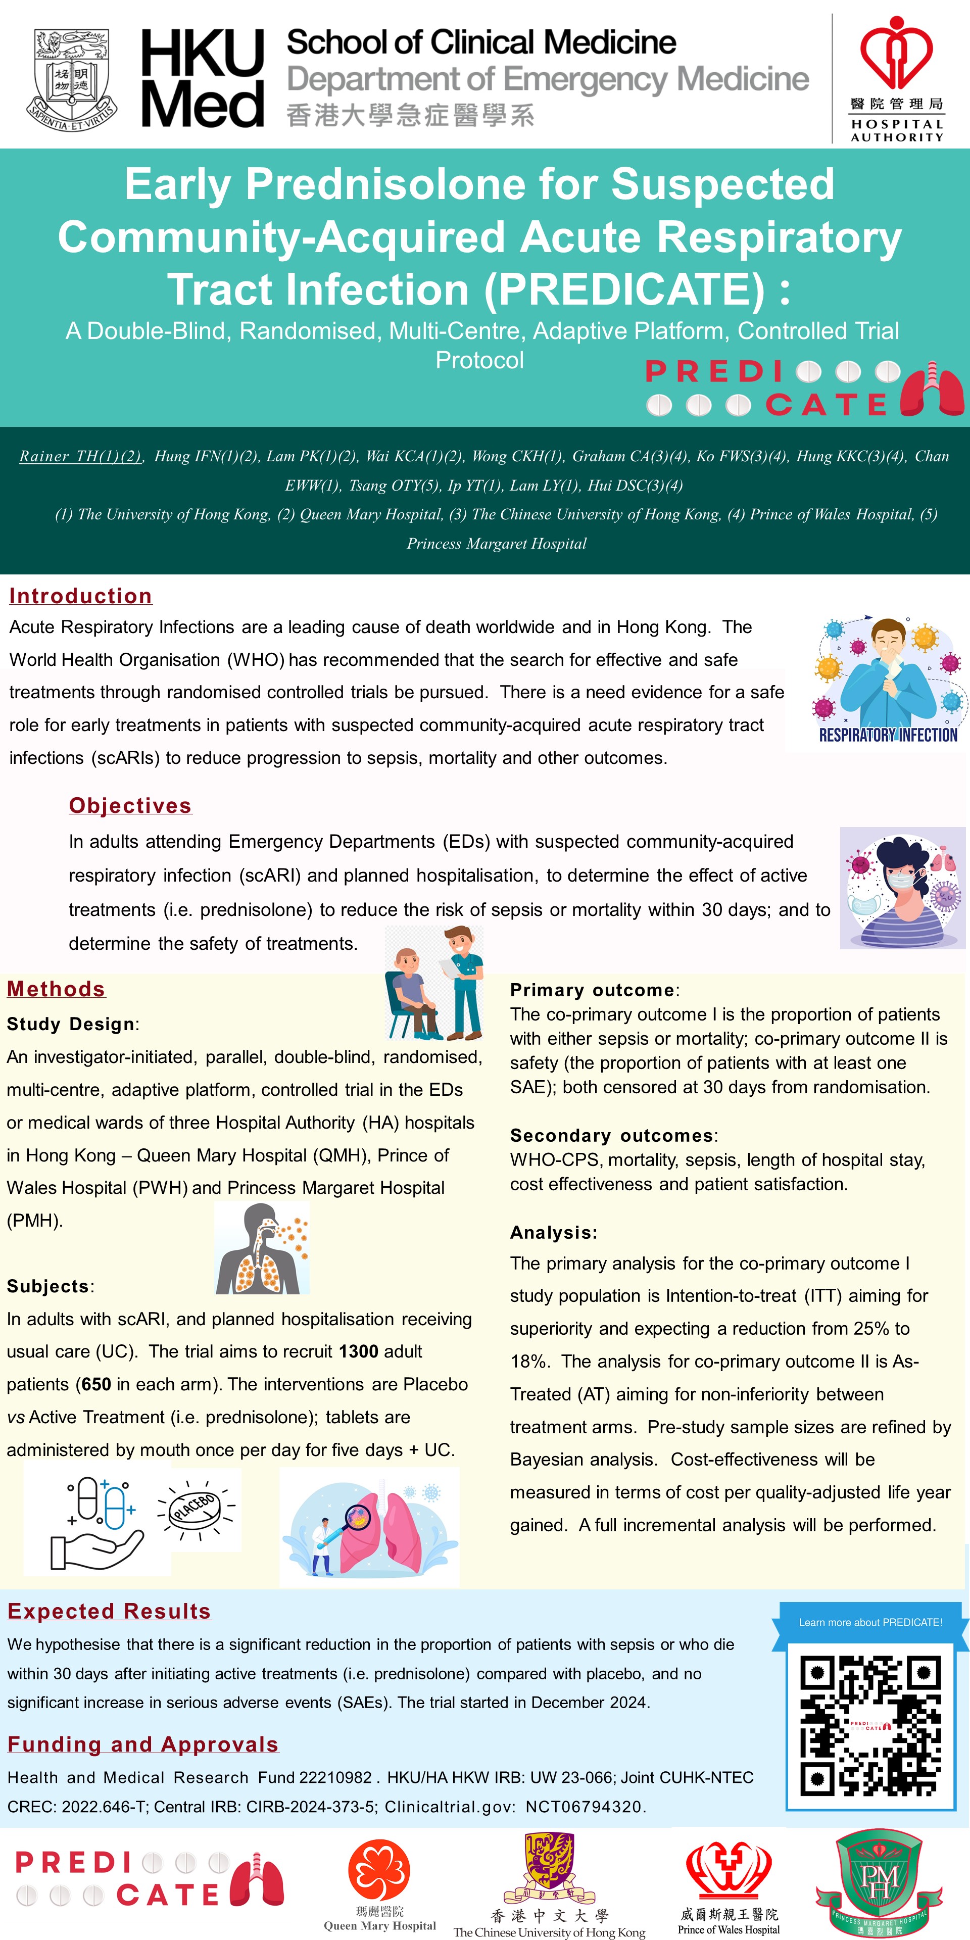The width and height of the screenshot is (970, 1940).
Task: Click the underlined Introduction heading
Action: click(x=81, y=596)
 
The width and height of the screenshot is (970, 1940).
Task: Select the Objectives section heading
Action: click(x=130, y=805)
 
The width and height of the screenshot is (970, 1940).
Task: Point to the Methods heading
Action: click(x=57, y=989)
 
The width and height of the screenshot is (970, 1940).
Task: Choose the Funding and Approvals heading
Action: click(x=143, y=1744)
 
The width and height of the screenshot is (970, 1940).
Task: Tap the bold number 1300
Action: click(x=359, y=1351)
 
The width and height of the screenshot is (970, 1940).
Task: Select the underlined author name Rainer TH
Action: click(x=80, y=456)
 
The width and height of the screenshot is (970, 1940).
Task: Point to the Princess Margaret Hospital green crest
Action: click(x=879, y=1880)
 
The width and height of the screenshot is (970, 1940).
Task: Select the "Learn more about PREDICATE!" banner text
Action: click(x=870, y=1622)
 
